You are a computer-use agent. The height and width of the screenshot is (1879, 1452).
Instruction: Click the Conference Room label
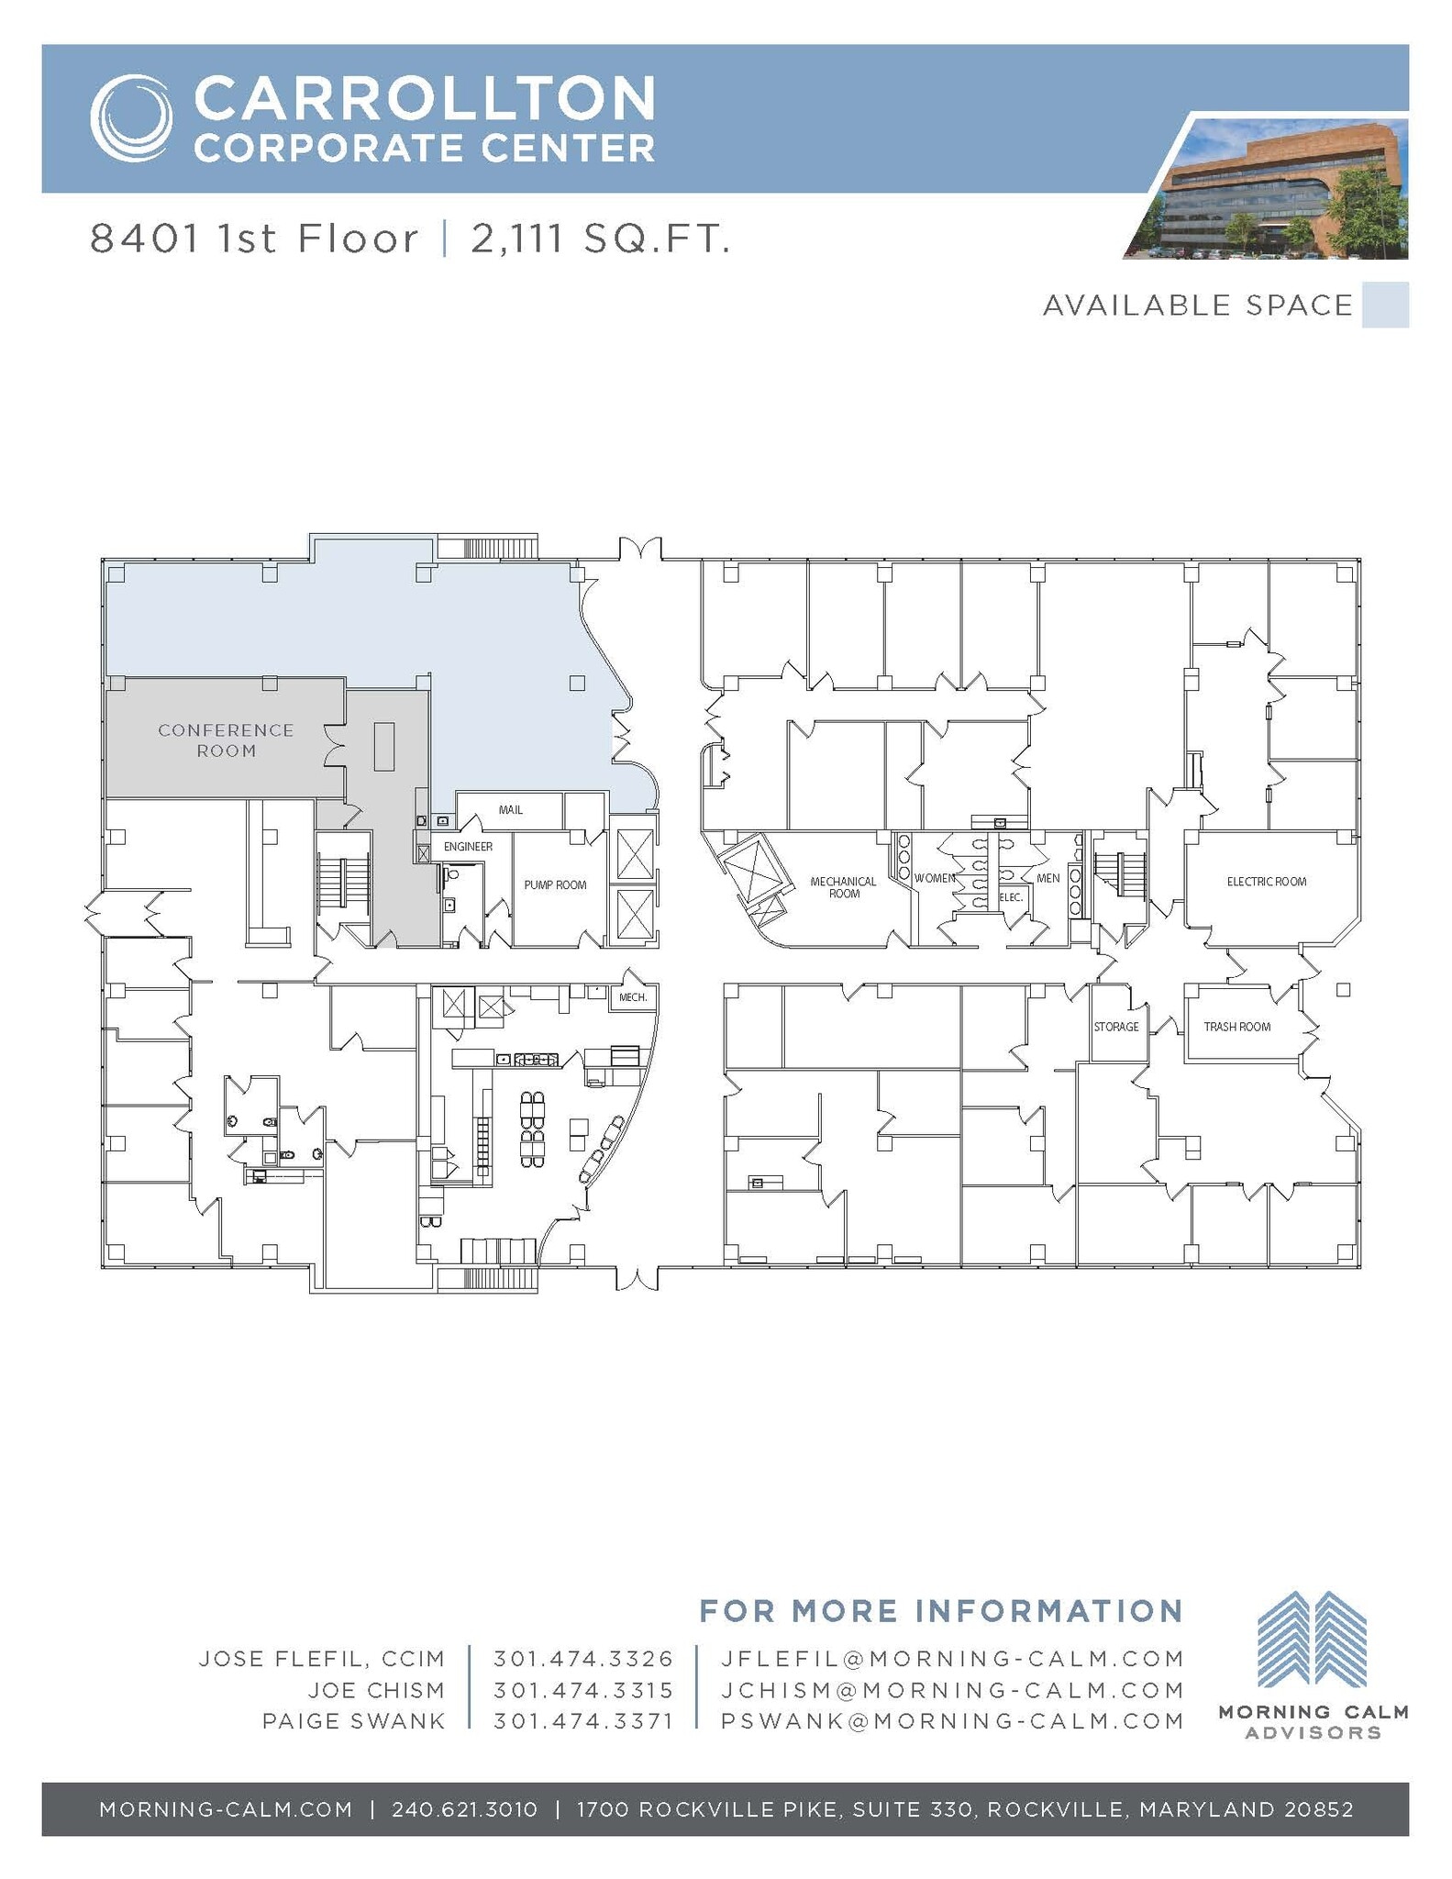226,740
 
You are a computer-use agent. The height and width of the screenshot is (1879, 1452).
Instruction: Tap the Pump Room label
555,885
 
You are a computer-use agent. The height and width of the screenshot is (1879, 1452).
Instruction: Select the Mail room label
511,810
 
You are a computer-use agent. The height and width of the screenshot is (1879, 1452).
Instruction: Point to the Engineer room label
468,847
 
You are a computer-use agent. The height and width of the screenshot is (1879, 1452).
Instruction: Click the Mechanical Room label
844,887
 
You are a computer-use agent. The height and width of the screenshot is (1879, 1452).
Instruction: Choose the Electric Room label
1267,882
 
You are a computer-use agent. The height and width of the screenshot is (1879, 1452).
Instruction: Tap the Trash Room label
1236,1027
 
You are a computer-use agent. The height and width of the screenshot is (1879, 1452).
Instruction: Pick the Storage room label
1116,1027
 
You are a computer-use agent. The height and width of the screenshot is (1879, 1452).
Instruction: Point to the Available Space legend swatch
1385,306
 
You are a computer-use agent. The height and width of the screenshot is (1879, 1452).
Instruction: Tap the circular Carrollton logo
131,118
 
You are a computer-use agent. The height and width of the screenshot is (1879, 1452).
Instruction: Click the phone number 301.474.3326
583,1659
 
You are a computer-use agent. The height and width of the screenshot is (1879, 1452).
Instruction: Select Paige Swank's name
353,1721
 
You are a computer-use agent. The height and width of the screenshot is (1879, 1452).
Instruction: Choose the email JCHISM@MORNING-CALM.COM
952,1690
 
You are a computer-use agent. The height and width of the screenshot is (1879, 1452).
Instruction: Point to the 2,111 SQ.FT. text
601,239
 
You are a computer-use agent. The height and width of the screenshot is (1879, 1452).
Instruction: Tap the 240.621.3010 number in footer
464,1809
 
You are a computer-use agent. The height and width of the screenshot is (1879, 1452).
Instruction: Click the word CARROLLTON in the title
425,98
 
